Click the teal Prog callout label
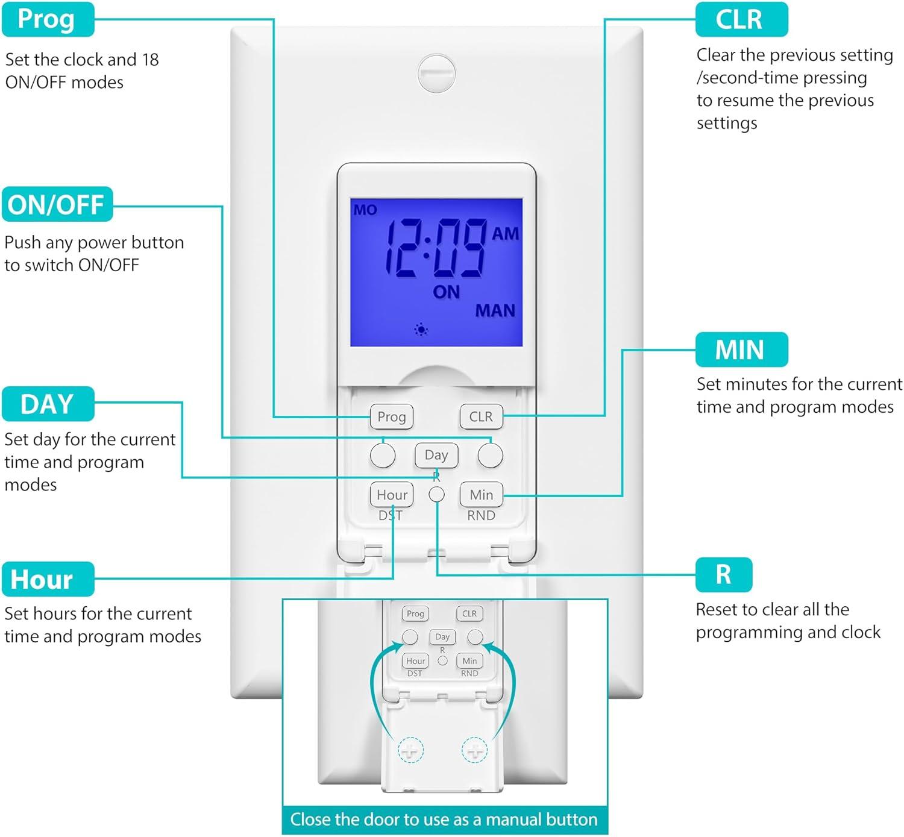(48, 19)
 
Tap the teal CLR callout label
(741, 19)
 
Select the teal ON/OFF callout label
(57, 205)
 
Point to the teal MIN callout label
(741, 350)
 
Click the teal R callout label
(723, 574)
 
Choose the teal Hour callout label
(48, 579)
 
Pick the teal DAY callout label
(48, 404)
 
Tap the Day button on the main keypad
(436, 455)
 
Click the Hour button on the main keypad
(392, 495)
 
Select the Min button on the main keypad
(481, 495)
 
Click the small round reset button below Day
(436, 495)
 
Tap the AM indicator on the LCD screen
(505, 234)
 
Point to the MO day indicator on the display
(365, 210)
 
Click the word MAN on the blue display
(495, 311)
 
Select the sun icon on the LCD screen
(421, 330)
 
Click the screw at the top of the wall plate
(436, 73)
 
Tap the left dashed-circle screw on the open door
(410, 750)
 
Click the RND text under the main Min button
(481, 516)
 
